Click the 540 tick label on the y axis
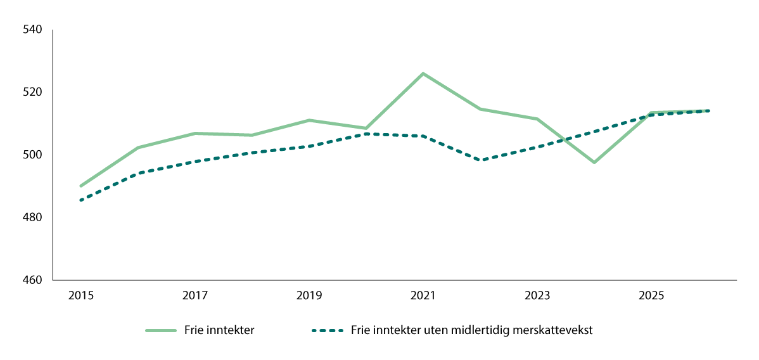point(32,30)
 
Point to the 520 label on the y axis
point(32,93)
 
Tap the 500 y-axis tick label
point(32,155)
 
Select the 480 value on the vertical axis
point(32,218)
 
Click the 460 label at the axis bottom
point(32,280)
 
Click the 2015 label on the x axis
point(81,295)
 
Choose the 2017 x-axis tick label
point(195,295)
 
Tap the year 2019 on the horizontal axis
point(309,295)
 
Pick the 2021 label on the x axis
point(423,295)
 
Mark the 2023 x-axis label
point(537,295)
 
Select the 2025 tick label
point(651,295)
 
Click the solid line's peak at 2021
point(423,74)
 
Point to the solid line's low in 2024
point(594,162)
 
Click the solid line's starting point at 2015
point(81,186)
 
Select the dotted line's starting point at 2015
point(81,200)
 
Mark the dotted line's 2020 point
point(366,134)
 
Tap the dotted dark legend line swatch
point(328,330)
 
